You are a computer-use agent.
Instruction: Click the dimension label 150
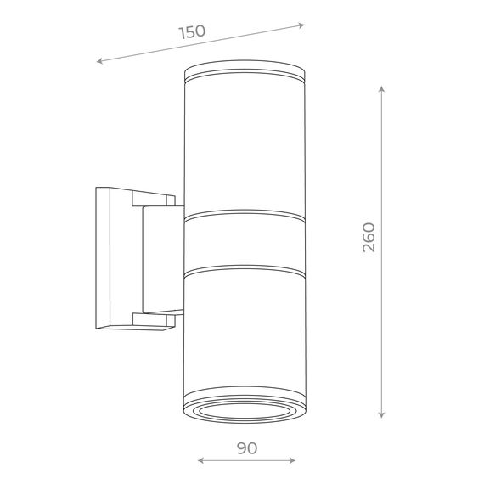[x=192, y=32]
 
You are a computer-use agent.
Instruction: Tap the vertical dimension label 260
[x=368, y=239]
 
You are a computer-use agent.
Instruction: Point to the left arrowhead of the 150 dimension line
[x=100, y=61]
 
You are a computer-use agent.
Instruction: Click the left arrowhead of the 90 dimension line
[x=200, y=462]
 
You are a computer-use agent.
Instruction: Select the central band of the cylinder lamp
[x=242, y=242]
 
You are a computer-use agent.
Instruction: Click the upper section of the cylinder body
[x=242, y=144]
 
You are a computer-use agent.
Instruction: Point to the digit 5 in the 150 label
[x=192, y=32]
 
